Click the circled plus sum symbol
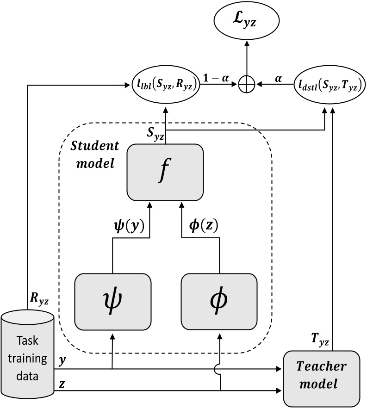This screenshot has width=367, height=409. (x=246, y=84)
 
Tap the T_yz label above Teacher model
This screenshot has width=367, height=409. (x=318, y=342)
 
